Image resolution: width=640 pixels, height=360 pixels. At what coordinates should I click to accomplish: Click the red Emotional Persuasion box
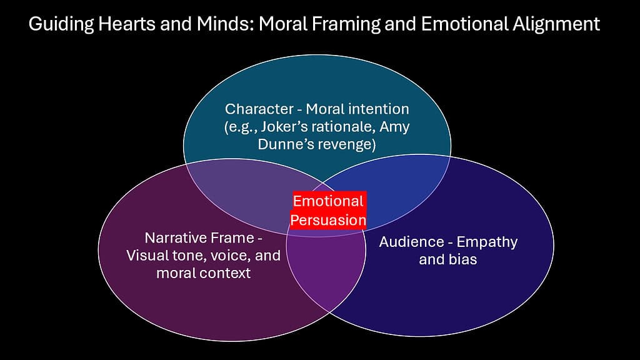(329, 211)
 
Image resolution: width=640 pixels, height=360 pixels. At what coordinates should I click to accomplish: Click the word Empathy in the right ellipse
(487, 242)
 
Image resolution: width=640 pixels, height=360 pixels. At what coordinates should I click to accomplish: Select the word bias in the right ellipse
(462, 259)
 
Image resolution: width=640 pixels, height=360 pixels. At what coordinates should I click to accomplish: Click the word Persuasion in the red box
(329, 220)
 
